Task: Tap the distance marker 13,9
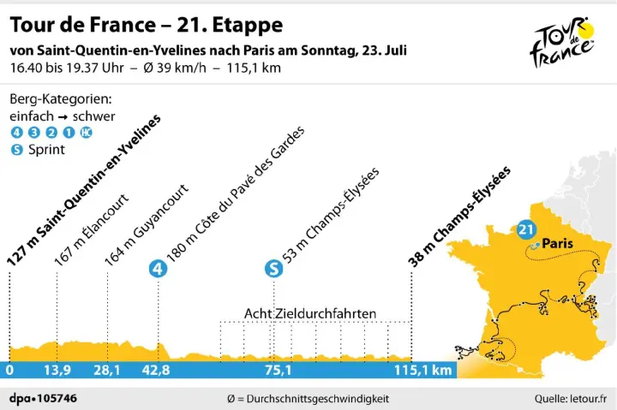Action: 57,371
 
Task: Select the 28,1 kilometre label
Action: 106,371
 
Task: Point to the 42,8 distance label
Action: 157,371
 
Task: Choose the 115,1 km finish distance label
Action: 422,371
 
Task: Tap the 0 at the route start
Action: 9,371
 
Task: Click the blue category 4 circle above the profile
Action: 157,269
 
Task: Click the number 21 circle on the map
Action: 526,229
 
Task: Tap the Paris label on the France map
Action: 557,242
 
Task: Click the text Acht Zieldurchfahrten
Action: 310,313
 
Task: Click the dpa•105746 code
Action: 43,398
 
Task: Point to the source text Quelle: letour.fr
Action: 570,398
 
